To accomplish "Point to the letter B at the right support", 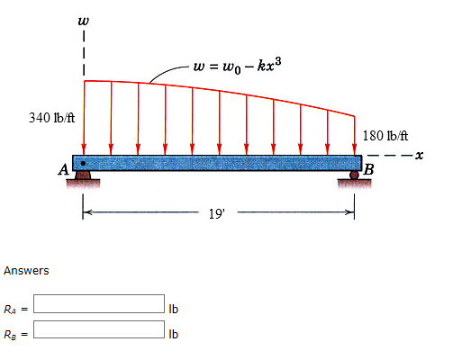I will click(x=369, y=168).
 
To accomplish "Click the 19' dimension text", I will click(x=217, y=214).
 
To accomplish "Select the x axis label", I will click(x=445, y=156).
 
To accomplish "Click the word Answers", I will click(x=26, y=271).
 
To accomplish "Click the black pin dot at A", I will click(x=83, y=164).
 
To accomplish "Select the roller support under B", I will click(x=355, y=176).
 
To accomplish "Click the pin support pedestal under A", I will click(x=84, y=178).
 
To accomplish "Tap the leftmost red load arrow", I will click(x=84, y=117).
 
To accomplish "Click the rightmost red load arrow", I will click(x=356, y=135).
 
